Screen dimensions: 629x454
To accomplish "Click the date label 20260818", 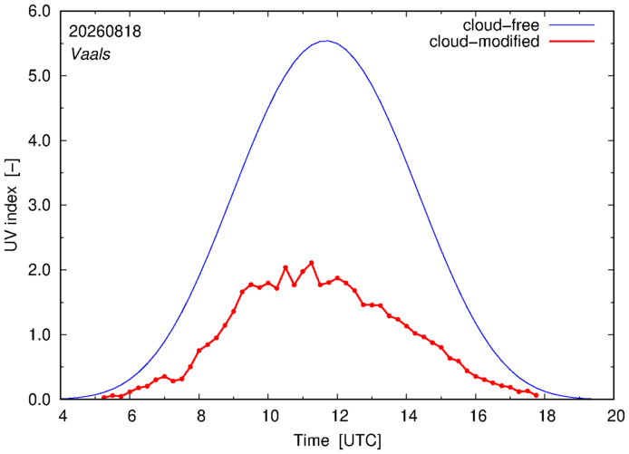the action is [105, 32].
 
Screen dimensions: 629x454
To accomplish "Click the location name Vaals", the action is [91, 54].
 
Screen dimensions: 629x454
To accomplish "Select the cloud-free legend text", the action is [501, 25].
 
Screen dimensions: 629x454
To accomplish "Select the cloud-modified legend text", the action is [484, 42].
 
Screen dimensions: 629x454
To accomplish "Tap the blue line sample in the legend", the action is [572, 24].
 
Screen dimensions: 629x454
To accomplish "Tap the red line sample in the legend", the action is [572, 41].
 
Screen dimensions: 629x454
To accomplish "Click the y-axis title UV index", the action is [12, 205].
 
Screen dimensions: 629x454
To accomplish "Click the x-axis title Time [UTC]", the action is [337, 440].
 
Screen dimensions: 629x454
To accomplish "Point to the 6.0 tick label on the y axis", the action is [39, 11].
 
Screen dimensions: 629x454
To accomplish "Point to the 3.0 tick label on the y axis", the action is [39, 205].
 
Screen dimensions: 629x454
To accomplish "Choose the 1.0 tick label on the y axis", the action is [39, 334].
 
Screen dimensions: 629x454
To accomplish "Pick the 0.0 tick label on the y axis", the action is [39, 400].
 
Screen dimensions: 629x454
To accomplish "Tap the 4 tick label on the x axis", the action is [62, 416].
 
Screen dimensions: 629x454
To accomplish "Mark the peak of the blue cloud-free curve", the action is [327, 41].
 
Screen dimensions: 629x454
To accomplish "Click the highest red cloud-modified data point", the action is [311, 263].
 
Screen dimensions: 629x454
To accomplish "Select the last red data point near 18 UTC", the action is [537, 395].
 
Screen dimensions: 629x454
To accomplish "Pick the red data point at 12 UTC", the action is [337, 278].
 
